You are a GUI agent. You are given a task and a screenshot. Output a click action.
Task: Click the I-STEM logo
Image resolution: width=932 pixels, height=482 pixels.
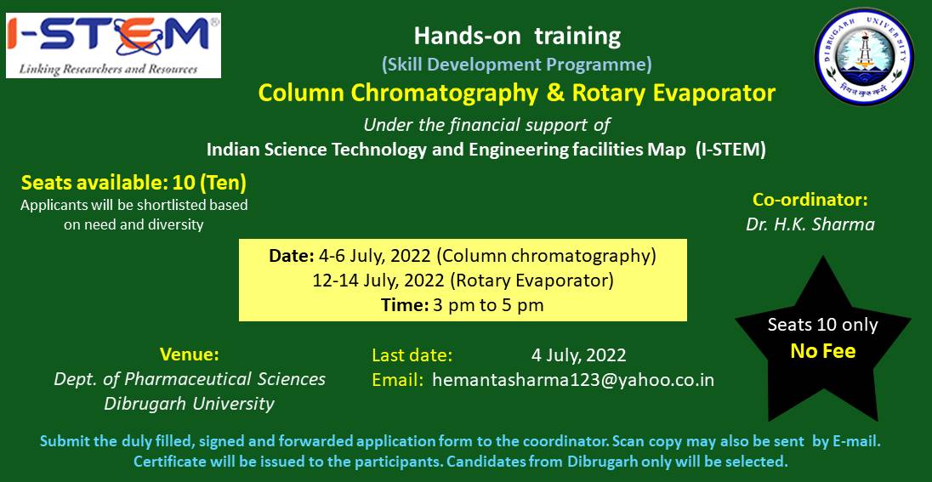[114, 46]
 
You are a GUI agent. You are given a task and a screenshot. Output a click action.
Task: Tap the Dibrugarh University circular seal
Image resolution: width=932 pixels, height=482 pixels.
[864, 56]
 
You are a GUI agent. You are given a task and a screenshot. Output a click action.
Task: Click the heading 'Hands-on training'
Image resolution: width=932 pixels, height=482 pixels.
[517, 37]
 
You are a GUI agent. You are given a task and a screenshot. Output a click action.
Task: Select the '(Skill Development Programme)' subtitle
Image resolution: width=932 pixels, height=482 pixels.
[516, 65]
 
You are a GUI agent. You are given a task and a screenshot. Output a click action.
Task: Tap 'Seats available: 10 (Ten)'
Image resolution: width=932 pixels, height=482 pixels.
[134, 184]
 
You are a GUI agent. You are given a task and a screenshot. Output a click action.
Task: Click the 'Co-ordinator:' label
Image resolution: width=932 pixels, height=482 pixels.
[810, 200]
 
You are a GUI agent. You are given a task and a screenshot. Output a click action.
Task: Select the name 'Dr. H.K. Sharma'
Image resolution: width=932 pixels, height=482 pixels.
[810, 225]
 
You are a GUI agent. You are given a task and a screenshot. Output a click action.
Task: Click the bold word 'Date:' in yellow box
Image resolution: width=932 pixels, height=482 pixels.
[291, 256]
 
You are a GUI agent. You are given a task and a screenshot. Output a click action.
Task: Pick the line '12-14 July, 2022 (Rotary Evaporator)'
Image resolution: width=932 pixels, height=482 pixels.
[463, 281]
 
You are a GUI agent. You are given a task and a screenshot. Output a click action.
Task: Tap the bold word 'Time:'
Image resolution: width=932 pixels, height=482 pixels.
[405, 306]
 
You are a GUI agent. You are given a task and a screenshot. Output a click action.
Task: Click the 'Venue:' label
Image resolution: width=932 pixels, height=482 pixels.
[190, 354]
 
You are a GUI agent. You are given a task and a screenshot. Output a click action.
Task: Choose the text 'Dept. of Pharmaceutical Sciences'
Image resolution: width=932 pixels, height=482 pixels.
[190, 379]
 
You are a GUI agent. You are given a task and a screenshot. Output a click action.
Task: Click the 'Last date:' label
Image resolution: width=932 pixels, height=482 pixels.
[412, 355]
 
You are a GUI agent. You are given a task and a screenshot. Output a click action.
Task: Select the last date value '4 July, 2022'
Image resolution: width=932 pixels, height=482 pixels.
[578, 356]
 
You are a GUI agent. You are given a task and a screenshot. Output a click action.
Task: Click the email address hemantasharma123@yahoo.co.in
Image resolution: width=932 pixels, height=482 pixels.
[573, 380]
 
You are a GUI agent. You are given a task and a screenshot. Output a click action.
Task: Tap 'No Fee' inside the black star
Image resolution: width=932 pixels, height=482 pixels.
[822, 351]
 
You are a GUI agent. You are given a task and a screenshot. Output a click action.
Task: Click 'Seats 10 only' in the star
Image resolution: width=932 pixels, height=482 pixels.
[822, 325]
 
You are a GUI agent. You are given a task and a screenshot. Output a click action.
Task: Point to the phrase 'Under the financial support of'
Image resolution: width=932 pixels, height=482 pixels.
[486, 126]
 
